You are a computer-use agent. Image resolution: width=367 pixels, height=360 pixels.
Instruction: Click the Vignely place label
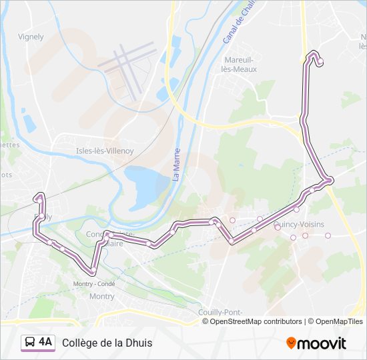click(x=31, y=37)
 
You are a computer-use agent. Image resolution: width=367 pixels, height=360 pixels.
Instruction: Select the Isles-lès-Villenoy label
click(x=105, y=151)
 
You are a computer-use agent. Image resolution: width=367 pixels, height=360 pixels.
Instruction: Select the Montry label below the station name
click(x=102, y=296)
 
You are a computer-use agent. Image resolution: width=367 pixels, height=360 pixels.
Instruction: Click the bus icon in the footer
click(x=30, y=342)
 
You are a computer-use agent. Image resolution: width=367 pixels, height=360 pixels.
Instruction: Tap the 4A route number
click(x=45, y=342)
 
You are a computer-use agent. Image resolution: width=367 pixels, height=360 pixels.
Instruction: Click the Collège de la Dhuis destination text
click(x=107, y=343)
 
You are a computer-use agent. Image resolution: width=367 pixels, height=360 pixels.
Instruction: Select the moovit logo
click(x=316, y=343)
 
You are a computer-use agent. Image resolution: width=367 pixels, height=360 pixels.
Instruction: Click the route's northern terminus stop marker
click(x=320, y=61)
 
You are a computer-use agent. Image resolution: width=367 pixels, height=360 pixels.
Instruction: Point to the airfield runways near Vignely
click(x=127, y=63)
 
